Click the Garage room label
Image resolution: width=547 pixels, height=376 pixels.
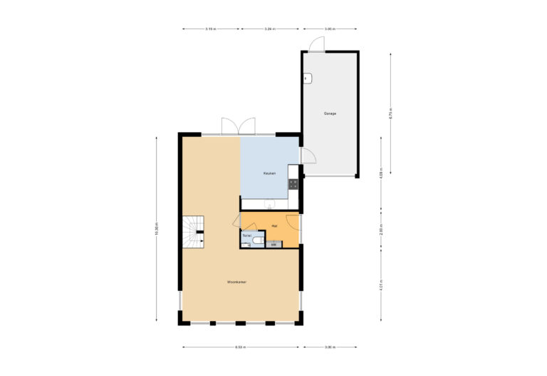[330, 113]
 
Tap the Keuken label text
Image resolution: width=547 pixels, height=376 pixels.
[269, 173]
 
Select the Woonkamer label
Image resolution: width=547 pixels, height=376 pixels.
[237, 283]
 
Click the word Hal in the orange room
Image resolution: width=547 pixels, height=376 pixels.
[274, 225]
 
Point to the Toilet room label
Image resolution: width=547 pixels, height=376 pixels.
[247, 235]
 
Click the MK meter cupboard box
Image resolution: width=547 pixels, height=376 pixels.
[273, 245]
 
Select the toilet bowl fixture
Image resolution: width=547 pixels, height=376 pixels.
[249, 244]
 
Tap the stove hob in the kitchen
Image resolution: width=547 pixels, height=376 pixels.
[293, 183]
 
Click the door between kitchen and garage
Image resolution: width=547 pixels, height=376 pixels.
[308, 156]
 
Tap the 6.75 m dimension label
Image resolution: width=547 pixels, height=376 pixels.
[390, 113]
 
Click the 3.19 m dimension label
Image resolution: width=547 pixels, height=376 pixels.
[211, 29]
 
